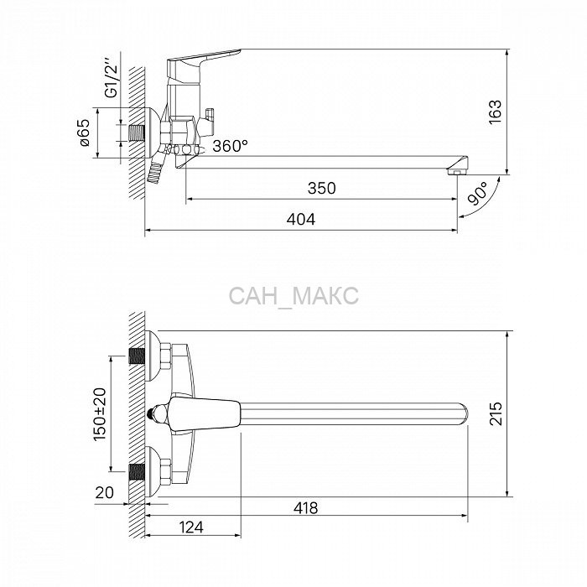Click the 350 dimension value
[321, 188]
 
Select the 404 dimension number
[301, 219]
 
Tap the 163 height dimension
[495, 112]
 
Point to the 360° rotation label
[231, 146]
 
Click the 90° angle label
[478, 194]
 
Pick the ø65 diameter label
[85, 132]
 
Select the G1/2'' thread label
[112, 76]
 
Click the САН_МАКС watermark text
[293, 296]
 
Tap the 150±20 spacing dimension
[100, 413]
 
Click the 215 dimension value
[496, 413]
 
